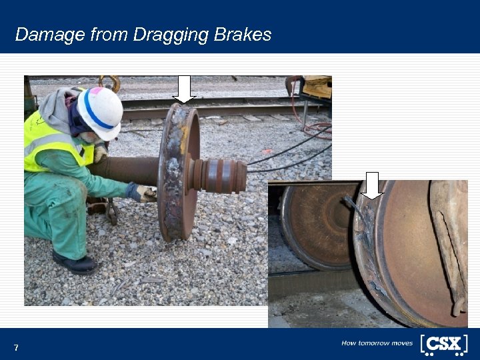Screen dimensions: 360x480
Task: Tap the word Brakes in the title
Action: click(x=243, y=35)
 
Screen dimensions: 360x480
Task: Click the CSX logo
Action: click(x=443, y=343)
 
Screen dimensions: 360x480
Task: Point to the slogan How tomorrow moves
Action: click(x=377, y=343)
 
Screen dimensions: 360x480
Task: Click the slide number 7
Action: click(x=16, y=348)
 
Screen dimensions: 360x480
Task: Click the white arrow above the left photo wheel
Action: click(x=184, y=89)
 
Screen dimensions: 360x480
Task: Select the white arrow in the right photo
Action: click(x=372, y=185)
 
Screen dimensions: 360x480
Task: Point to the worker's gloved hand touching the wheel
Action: click(x=142, y=193)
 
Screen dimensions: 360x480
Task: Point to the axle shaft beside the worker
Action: click(x=127, y=171)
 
